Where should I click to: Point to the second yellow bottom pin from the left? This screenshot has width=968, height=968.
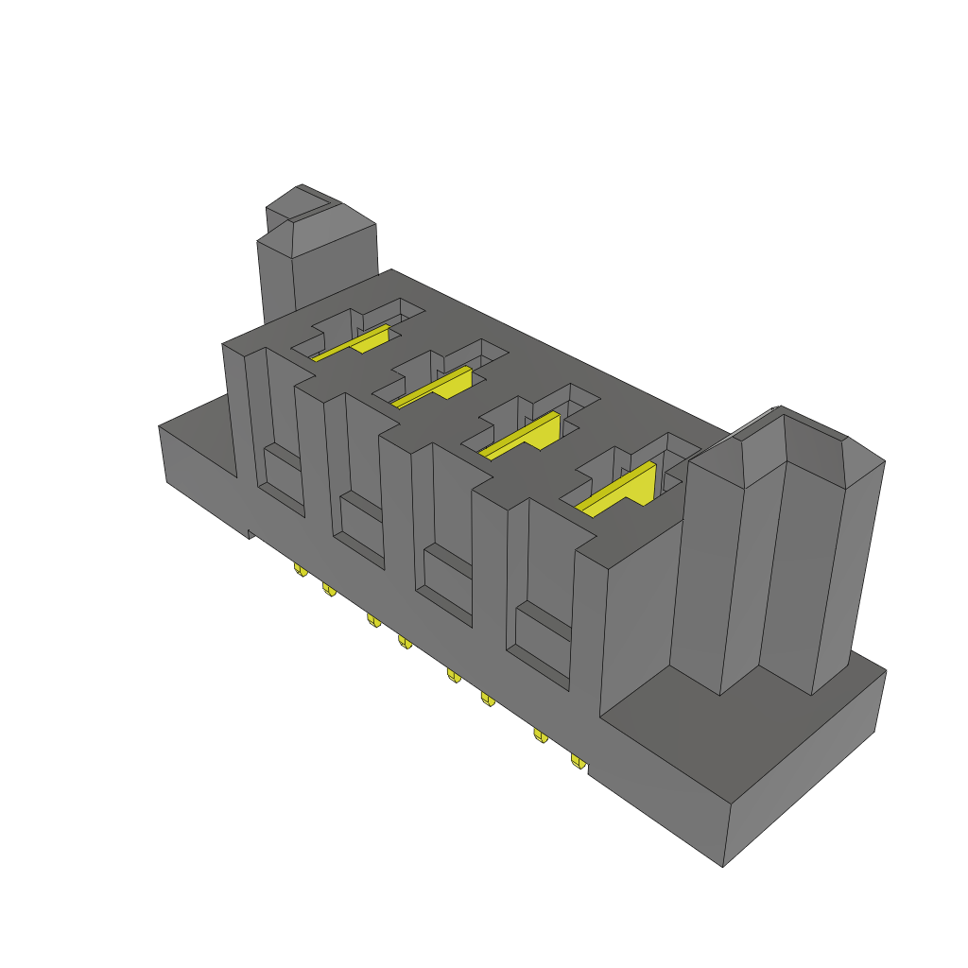[x=329, y=589]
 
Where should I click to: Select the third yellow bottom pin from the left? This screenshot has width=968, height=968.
[x=372, y=619]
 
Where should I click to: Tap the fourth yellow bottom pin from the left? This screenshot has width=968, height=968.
[x=405, y=642]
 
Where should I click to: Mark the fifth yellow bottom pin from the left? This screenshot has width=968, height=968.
[x=453, y=674]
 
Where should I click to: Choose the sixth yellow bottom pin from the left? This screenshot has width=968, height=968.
[x=488, y=699]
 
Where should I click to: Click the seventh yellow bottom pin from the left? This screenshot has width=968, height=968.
[x=541, y=735]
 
